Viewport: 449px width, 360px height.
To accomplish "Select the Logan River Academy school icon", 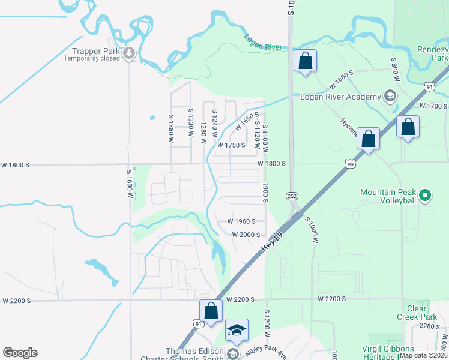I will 390,96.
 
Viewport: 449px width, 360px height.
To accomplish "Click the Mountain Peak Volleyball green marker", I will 425,195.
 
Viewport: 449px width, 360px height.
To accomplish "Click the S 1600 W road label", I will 129,181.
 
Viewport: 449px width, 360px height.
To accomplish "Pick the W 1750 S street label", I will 232,145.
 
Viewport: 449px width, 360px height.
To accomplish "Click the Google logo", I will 20,353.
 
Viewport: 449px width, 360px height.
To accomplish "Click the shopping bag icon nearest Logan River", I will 305,61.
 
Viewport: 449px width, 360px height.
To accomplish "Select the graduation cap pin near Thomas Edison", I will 237,330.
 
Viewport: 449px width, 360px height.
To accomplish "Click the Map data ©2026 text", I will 423,355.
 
